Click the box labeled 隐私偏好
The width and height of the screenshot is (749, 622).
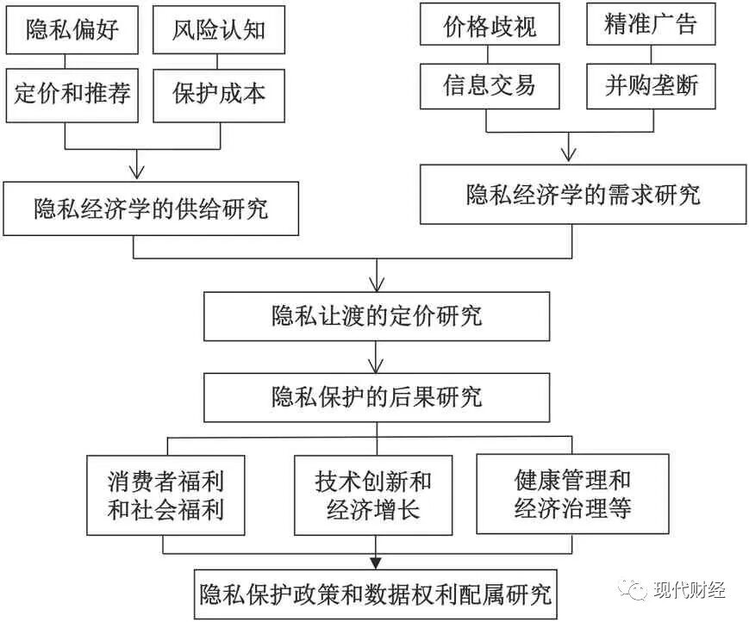pyautogui.click(x=73, y=31)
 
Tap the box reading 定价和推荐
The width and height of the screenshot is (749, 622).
pyautogui.click(x=73, y=93)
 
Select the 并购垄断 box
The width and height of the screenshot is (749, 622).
pyautogui.click(x=651, y=86)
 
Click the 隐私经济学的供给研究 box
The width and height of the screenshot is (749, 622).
pyautogui.click(x=151, y=208)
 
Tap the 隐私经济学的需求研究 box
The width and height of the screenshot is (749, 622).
pyautogui.click(x=584, y=195)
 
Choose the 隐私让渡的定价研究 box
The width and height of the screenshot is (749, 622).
pyautogui.click(x=376, y=315)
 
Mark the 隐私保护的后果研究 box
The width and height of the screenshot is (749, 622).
pyautogui.click(x=376, y=396)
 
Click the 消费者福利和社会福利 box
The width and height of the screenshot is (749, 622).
pyautogui.click(x=166, y=494)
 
